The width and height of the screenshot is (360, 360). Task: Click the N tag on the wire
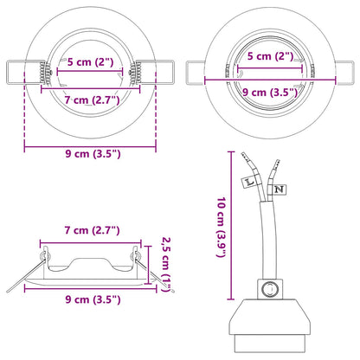(x=278, y=188)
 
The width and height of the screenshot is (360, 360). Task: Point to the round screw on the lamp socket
(x=270, y=289)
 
